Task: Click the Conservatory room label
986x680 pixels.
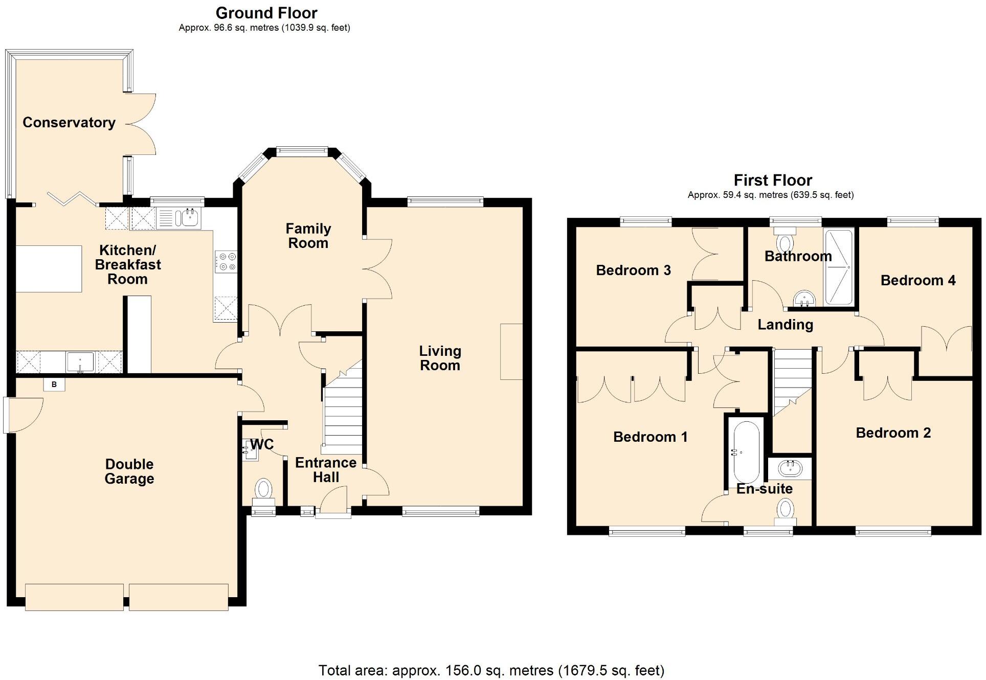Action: (69, 123)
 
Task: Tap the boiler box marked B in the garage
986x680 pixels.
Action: (54, 384)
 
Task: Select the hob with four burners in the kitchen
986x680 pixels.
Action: (226, 261)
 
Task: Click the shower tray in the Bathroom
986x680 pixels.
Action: (839, 267)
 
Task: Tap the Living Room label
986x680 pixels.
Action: (440, 358)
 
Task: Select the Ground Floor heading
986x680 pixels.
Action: (266, 13)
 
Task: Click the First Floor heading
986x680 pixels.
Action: (772, 180)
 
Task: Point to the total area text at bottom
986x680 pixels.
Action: (491, 670)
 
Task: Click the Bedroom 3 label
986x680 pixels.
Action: (633, 270)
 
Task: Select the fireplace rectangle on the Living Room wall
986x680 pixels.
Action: (511, 351)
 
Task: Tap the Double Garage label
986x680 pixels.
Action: (129, 471)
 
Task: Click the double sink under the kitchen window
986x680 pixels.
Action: (180, 219)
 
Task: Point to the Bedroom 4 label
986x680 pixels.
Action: (918, 280)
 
